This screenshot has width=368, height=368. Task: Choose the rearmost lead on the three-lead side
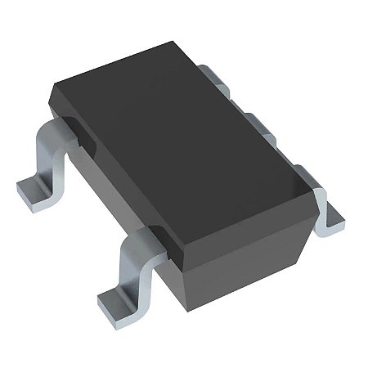coord(214,77)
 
